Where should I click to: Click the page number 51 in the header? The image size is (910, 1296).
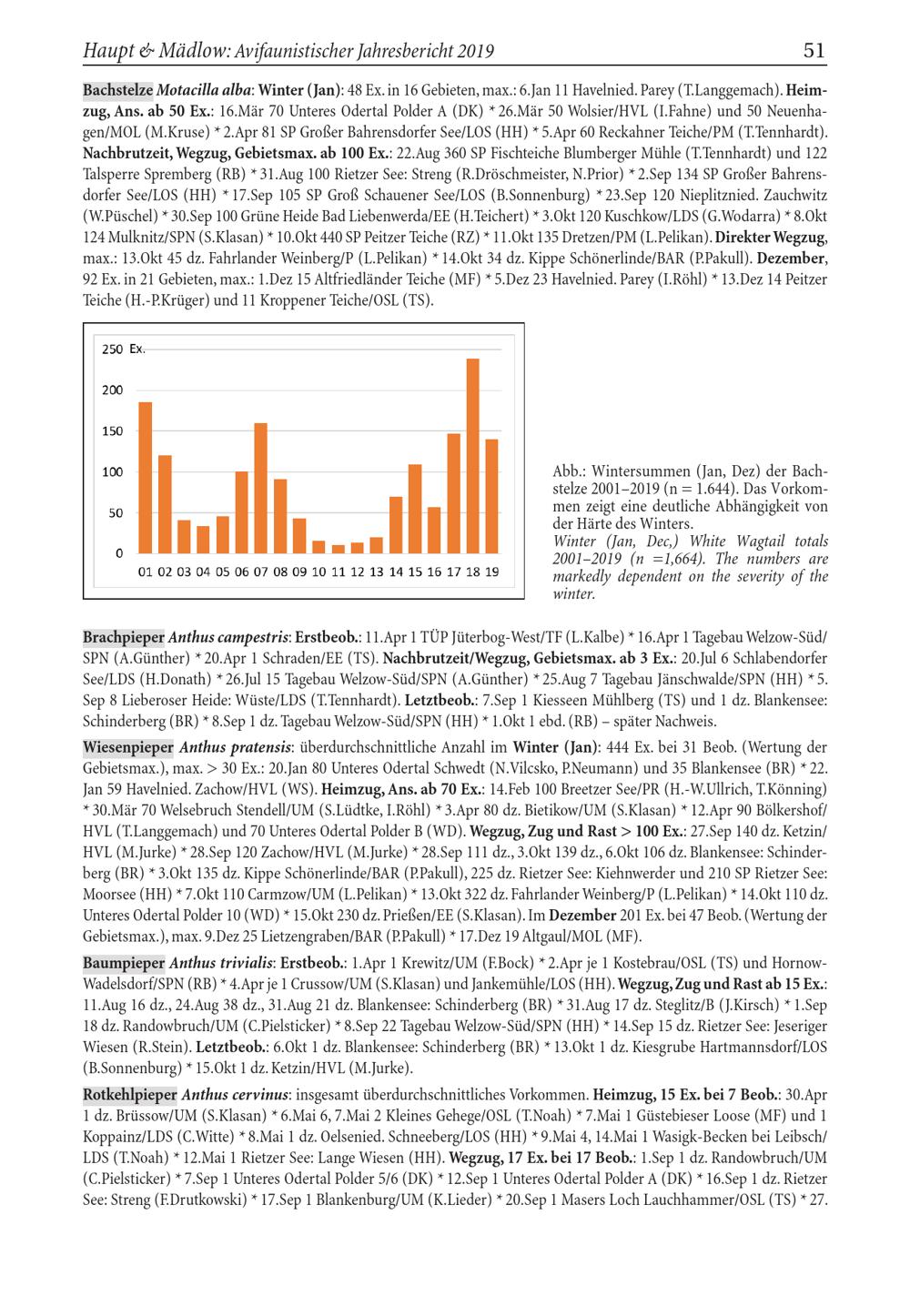(814, 51)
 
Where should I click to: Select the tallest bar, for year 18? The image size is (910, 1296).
(472, 455)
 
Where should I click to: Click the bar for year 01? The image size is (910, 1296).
(146, 477)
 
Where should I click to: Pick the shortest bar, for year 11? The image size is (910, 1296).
(338, 549)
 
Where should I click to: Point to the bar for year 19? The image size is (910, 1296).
(491, 496)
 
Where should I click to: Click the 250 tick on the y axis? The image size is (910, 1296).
(112, 349)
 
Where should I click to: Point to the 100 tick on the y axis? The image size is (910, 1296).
(112, 471)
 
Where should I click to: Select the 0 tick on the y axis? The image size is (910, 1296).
(118, 552)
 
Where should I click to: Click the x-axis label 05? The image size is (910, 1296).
(222, 572)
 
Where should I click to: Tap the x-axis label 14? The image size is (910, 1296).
(395, 572)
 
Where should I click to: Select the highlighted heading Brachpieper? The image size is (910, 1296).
(124, 636)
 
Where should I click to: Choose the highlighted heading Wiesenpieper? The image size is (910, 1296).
(127, 748)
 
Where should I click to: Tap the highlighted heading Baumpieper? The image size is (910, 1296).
(124, 962)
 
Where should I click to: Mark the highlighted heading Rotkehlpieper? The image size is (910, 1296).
(129, 1094)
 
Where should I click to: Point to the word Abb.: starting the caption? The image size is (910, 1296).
(569, 472)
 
